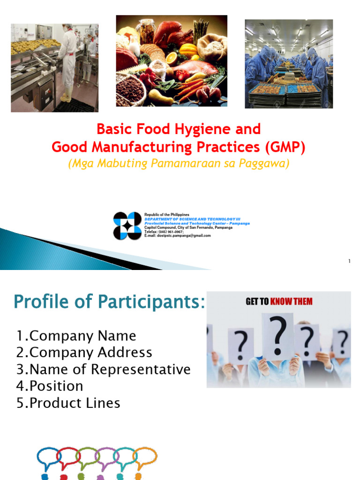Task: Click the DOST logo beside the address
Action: point(127,225)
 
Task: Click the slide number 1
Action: point(349,261)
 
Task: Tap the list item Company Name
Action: point(76,336)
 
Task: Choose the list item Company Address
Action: point(84,352)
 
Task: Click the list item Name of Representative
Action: point(104,369)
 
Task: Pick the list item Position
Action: point(50,386)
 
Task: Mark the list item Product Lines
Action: point(68,403)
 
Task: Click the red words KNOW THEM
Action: point(291,301)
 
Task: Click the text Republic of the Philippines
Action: point(167,214)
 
